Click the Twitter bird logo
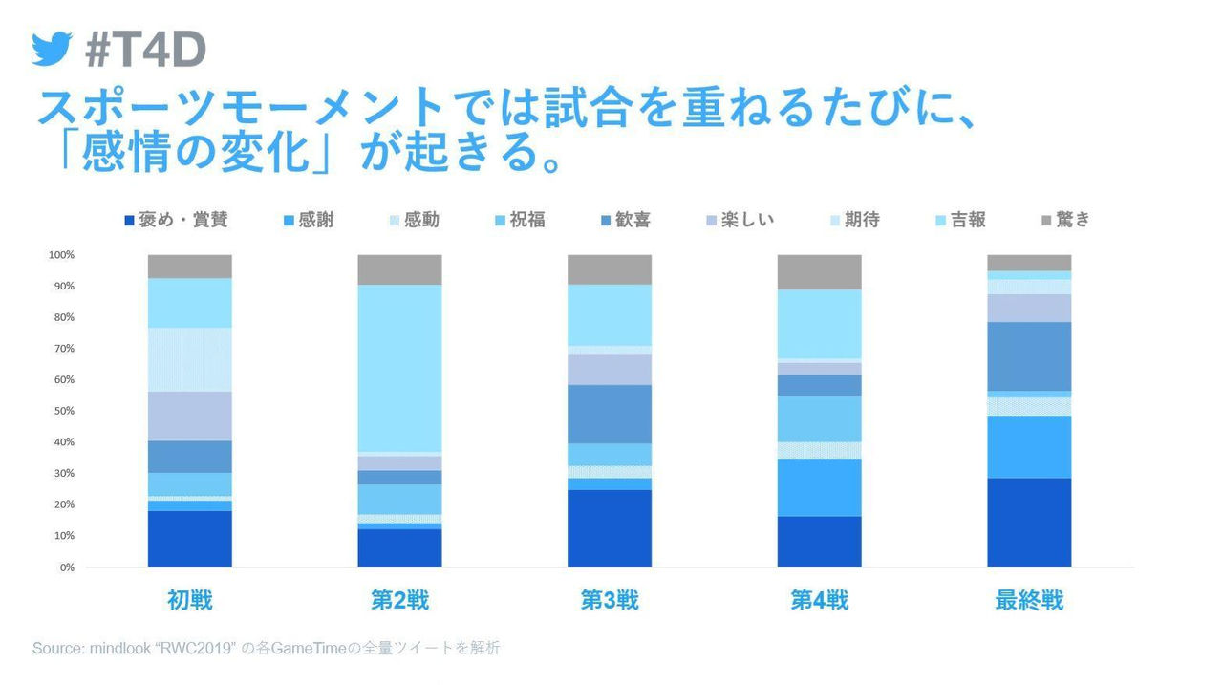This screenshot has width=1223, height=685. click(x=52, y=49)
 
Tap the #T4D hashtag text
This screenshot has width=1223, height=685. click(x=145, y=50)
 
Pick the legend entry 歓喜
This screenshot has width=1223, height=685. click(x=623, y=220)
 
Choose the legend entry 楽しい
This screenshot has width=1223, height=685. click(x=738, y=220)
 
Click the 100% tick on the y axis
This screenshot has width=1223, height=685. click(x=61, y=255)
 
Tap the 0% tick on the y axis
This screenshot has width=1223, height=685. click(x=66, y=567)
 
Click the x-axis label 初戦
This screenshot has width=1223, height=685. click(x=189, y=601)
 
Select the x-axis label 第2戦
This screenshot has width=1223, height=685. click(x=399, y=601)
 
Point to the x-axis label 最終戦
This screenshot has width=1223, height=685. click(x=1029, y=601)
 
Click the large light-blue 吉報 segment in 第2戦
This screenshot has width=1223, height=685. click(x=399, y=368)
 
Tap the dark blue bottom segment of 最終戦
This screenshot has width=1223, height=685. click(x=1029, y=523)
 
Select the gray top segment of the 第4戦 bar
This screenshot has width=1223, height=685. click(x=819, y=272)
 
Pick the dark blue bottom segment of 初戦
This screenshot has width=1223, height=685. click(x=189, y=539)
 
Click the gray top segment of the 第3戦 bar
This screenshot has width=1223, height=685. click(x=610, y=269)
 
